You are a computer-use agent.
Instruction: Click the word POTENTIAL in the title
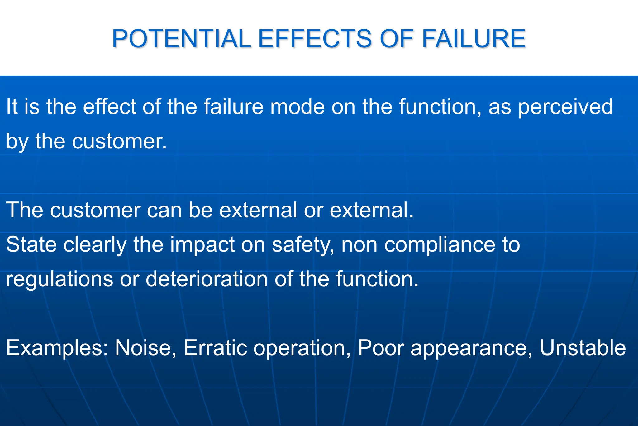point(181,39)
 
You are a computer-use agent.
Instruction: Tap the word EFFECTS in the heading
point(315,39)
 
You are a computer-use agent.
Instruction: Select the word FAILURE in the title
point(474,39)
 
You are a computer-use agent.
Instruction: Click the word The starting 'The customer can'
point(24,210)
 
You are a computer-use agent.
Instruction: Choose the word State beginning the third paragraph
point(31,244)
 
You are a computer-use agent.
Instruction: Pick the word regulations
point(60,279)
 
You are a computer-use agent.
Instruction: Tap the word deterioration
point(206,279)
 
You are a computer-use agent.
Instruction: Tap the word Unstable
point(583,348)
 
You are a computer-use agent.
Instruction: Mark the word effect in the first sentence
point(109,107)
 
